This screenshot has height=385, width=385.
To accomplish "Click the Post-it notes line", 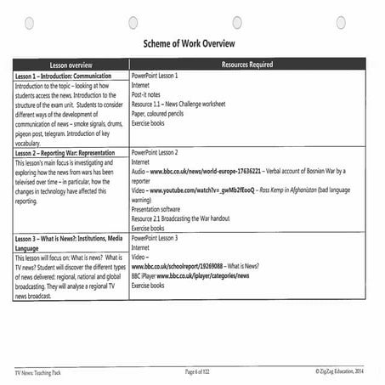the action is click(x=150, y=95).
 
